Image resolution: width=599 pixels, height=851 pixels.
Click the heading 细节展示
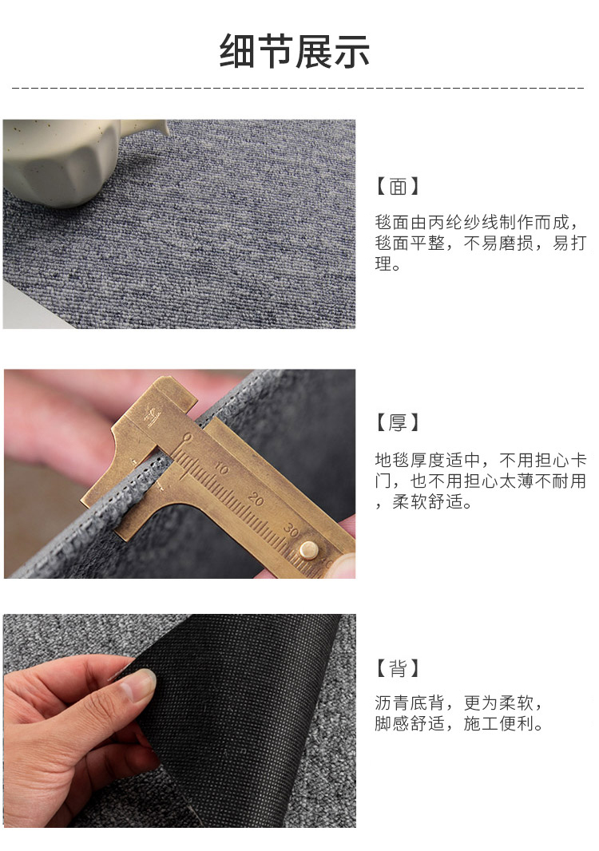pyautogui.click(x=295, y=52)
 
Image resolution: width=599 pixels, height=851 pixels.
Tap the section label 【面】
pyautogui.click(x=398, y=186)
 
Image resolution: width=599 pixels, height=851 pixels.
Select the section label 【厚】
pyautogui.click(x=398, y=422)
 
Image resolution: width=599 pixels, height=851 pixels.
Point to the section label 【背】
pyautogui.click(x=398, y=668)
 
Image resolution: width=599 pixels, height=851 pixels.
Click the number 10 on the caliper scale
pyautogui.click(x=220, y=469)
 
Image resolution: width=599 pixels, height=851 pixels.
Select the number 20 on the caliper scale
pyautogui.click(x=256, y=499)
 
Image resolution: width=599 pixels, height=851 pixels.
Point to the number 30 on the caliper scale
pyautogui.click(x=291, y=530)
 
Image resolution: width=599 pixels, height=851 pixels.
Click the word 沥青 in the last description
pyautogui.click(x=391, y=703)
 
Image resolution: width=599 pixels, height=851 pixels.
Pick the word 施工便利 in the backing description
pyautogui.click(x=498, y=723)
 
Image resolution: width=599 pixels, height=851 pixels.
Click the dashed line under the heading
pyautogui.click(x=298, y=87)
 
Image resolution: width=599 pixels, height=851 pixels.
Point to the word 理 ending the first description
pyautogui.click(x=383, y=263)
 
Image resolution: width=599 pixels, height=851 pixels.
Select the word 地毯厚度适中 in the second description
pyautogui.click(x=427, y=461)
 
